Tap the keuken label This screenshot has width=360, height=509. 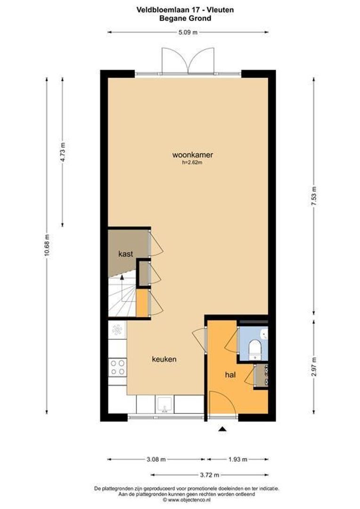point(164,359)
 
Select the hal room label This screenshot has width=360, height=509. point(230,375)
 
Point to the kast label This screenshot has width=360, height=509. point(126,254)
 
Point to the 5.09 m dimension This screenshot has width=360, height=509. point(188,32)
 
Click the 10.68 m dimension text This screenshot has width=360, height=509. point(46,243)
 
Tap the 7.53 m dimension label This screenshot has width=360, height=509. point(314,196)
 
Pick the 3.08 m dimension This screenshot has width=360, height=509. point(156,459)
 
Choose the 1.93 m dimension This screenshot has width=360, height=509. point(237,459)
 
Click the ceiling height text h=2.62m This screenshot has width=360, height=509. point(192,163)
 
